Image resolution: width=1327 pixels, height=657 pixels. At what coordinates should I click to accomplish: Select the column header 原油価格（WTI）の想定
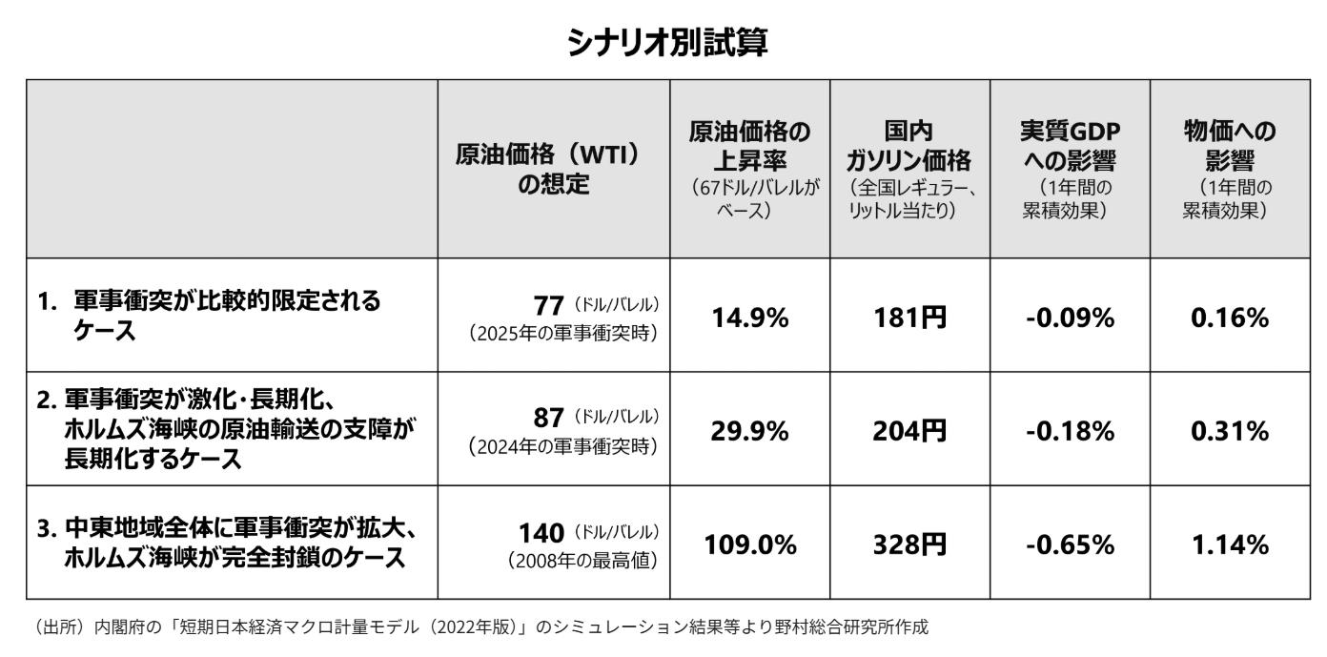point(554,168)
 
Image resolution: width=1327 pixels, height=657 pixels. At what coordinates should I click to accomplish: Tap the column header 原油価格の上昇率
point(750,168)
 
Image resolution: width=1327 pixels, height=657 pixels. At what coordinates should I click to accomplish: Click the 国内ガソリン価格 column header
point(909,168)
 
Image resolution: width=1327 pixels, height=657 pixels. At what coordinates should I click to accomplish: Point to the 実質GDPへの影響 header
point(1070,168)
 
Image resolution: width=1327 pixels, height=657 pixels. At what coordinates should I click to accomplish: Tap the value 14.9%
point(750,317)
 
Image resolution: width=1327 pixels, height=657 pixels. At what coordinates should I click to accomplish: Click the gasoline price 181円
point(909,317)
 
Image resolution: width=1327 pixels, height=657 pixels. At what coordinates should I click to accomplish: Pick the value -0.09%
point(1070,317)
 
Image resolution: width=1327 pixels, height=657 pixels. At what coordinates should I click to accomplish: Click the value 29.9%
point(750,431)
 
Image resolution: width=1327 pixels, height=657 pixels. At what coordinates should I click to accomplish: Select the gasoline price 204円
point(909,431)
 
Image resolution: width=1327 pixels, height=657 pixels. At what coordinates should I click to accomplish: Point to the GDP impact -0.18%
point(1070,431)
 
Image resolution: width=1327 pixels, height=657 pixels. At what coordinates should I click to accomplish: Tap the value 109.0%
point(750,544)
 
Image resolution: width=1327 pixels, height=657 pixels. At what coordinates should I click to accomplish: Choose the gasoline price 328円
point(909,544)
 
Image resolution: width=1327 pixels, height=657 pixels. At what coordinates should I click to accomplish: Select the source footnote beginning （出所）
point(467,627)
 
